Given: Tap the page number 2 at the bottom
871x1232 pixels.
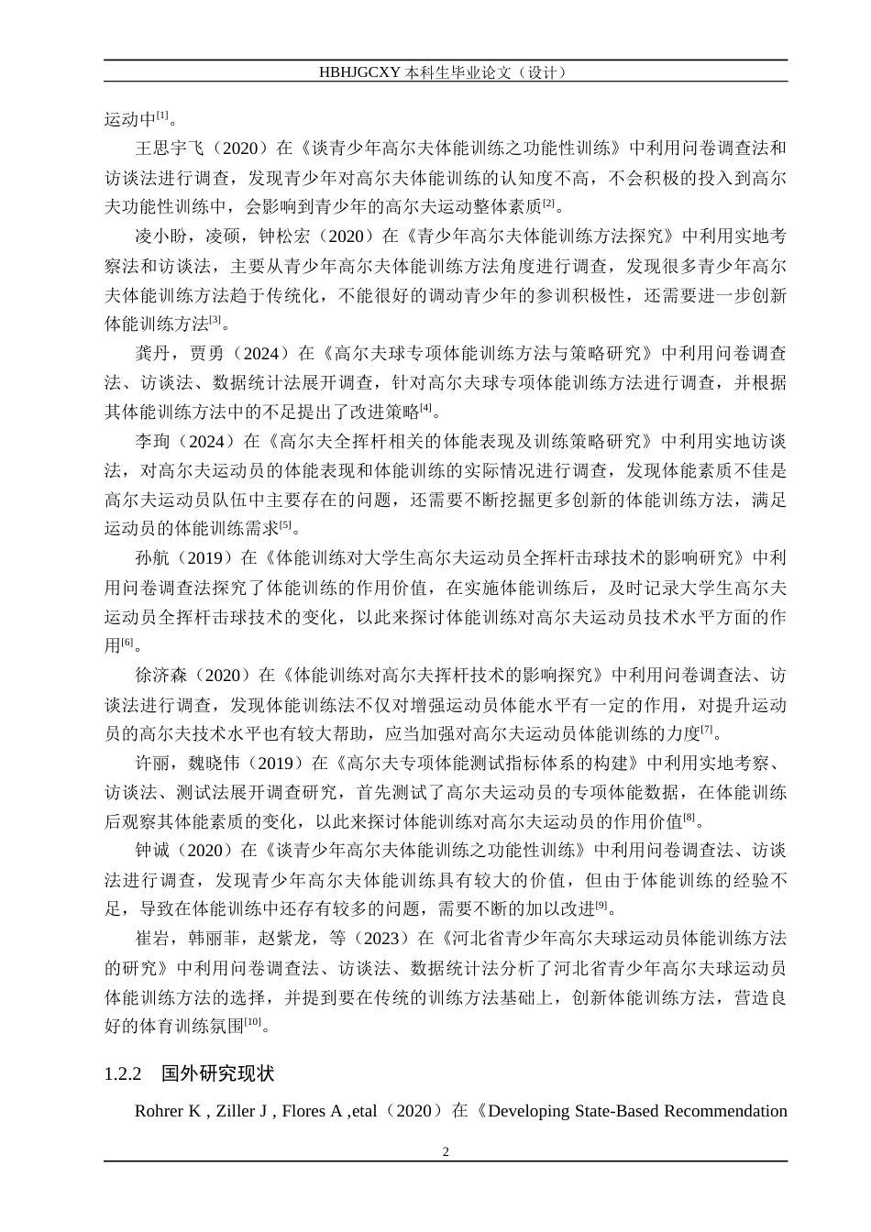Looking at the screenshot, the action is pos(446,1151).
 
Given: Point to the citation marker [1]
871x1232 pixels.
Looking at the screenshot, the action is pos(162,115).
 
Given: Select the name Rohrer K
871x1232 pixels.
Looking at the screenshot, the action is pos(168,1112).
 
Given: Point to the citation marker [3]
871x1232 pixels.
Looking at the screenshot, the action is pos(215,320).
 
